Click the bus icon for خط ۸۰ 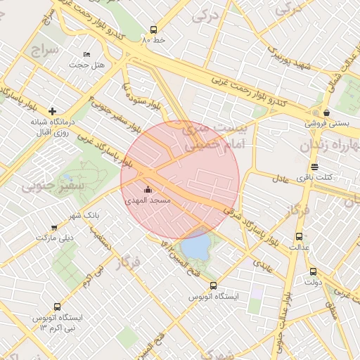[x=153, y=30]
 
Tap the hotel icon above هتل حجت [x=86, y=54]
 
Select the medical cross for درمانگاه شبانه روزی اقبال [x=52, y=111]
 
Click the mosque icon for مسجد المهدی [x=148, y=189]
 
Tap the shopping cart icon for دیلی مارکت [x=54, y=227]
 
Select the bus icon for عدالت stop [x=300, y=237]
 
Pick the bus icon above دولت [x=313, y=271]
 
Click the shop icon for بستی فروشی [x=326, y=112]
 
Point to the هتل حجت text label [x=86, y=65]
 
